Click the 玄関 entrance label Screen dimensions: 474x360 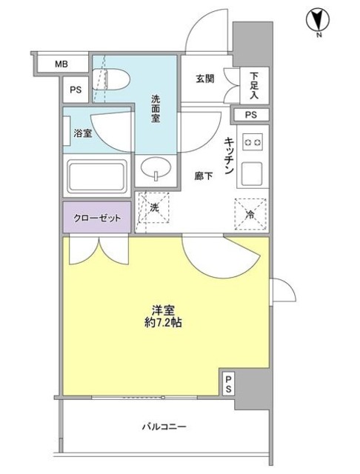tap(205, 79)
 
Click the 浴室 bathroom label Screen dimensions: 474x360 tap(82, 134)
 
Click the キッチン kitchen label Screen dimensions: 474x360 tap(230, 155)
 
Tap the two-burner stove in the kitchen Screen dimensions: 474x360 tap(253, 141)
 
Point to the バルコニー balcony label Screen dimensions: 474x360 tap(163, 427)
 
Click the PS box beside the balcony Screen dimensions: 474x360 tap(229, 383)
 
